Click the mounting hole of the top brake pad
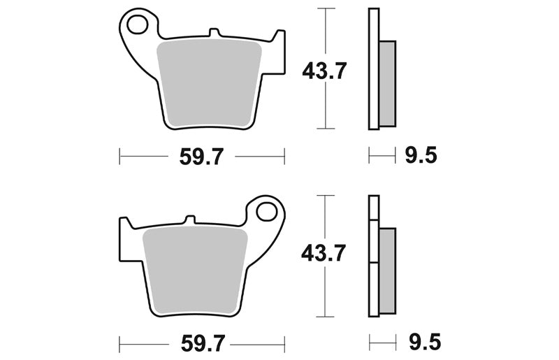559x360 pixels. coord(137,24)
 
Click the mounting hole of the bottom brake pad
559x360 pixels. coord(267,212)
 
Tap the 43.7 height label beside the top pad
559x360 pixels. coord(324,71)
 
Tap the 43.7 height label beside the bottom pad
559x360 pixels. coord(324,253)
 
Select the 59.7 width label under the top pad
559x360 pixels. coord(201,157)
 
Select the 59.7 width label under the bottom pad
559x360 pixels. coord(203,344)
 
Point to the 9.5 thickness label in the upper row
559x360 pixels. coord(421,156)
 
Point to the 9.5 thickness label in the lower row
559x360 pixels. coord(425,342)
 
